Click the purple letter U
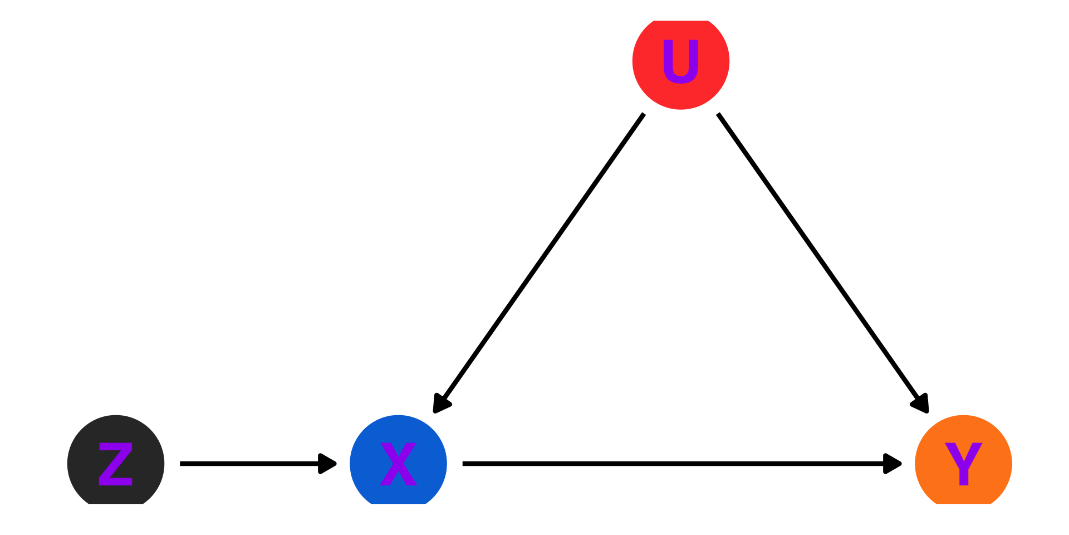[680, 61]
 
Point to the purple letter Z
[116, 464]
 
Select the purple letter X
[398, 464]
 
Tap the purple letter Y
[963, 464]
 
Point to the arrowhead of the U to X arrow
[441, 404]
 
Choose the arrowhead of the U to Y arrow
[921, 403]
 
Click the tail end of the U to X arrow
[643, 115]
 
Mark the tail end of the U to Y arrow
[719, 115]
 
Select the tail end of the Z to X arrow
[182, 464]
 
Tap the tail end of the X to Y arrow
[464, 464]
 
